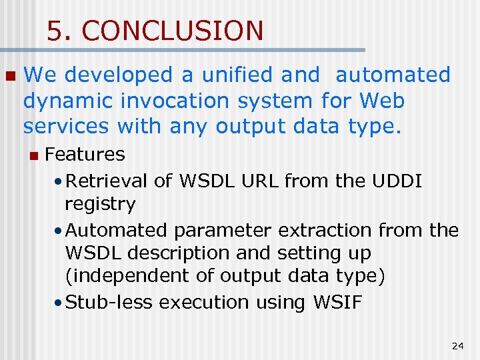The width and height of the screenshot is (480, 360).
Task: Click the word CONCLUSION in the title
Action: [x=173, y=31]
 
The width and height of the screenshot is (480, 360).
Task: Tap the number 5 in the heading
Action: [x=55, y=31]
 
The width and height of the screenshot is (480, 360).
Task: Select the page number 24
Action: [x=457, y=345]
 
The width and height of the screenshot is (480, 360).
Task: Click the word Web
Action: [x=381, y=101]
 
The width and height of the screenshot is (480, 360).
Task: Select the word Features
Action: [x=85, y=154]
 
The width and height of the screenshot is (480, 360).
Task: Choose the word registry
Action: [x=100, y=203]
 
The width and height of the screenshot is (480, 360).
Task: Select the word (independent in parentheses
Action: [x=119, y=276]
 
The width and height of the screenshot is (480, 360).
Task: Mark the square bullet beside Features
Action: [x=33, y=155]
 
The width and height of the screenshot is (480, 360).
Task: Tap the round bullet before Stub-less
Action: [x=59, y=303]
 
